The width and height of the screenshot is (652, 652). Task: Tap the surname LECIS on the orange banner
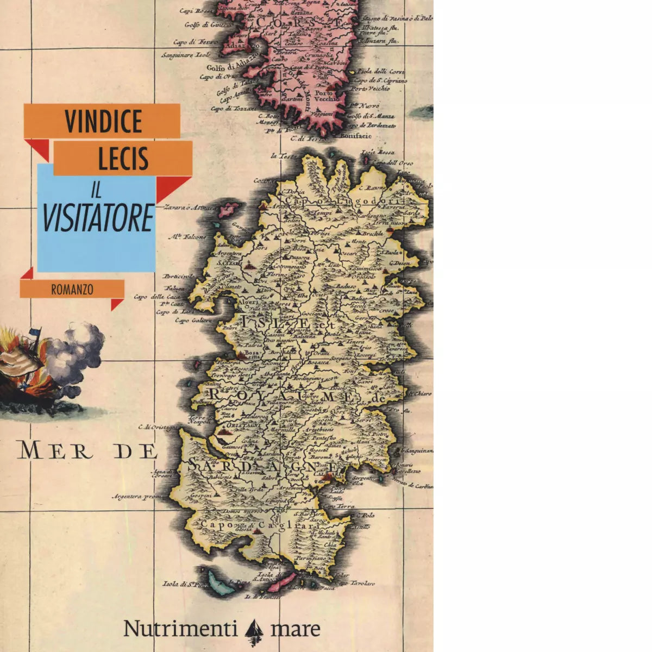tap(123, 158)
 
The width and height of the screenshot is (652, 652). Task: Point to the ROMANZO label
tap(72, 290)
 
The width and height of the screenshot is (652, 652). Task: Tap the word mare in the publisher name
tap(295, 630)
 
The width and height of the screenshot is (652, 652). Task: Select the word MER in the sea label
tap(46, 451)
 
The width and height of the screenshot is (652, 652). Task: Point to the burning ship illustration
tap(19, 369)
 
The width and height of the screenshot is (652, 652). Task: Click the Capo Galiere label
tap(189, 321)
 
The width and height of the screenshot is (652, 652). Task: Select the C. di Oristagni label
tap(158, 427)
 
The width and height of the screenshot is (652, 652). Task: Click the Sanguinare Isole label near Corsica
tap(184, 55)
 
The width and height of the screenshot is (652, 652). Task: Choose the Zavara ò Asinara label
tap(190, 207)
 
